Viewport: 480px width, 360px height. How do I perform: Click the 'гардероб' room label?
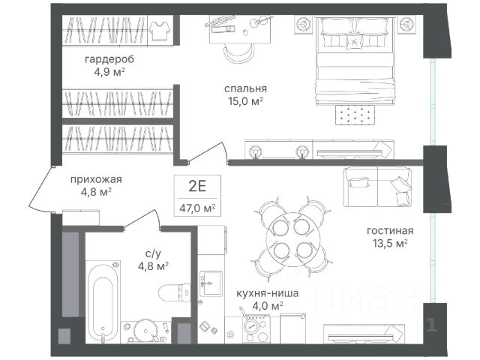pos(109,59)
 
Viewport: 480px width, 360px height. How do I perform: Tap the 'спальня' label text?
pos(245,88)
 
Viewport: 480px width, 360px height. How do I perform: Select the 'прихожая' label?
pos(96,179)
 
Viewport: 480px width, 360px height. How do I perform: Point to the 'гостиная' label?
pos(390,230)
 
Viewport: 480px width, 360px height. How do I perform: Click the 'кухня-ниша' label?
pos(267,293)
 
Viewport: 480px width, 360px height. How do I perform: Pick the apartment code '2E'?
pos(197,186)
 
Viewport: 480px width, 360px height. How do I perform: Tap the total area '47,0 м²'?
pos(197,208)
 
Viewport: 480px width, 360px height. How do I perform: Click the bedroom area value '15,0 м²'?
pos(245,101)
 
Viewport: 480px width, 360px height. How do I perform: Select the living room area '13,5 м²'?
pos(390,243)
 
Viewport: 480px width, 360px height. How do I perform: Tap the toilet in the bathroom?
pos(175,293)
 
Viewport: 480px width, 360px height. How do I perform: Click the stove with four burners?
pos(256,329)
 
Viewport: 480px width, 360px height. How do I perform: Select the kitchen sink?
pos(211,283)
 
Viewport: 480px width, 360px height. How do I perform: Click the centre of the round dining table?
pos(293,238)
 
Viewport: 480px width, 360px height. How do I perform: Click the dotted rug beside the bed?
pos(355,115)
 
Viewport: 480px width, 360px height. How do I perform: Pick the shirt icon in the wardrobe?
pos(160,31)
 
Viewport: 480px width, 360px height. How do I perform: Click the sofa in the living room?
pos(378,187)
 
